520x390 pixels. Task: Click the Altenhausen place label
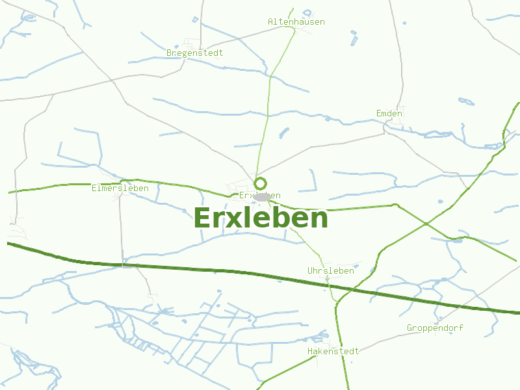pos(296,22)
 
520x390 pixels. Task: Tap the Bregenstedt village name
pos(195,53)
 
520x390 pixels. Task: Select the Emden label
pos(389,114)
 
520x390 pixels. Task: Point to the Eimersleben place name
pos(120,188)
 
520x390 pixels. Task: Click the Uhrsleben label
pos(331,270)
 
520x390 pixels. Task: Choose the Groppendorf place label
pos(435,328)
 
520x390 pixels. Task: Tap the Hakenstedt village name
pos(333,352)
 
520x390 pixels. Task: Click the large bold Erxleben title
pos(261,218)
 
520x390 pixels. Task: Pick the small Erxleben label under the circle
pos(259,195)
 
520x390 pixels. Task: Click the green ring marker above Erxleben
pos(261,183)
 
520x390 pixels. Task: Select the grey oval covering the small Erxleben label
pos(262,196)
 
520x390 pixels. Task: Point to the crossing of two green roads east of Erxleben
pos(426,224)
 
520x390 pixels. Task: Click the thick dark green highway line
pos(195,268)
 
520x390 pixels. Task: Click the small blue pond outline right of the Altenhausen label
pos(354,32)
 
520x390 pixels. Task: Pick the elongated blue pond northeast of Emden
pos(466,101)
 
